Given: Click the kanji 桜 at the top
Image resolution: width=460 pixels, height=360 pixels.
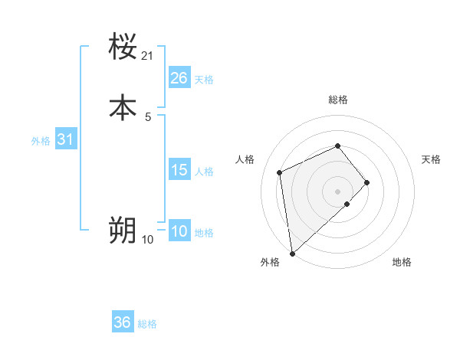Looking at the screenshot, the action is pyautogui.click(x=123, y=47).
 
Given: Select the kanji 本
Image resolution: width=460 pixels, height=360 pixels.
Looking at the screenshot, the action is pyautogui.click(x=123, y=108).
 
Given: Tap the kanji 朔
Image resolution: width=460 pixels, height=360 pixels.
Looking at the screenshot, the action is pyautogui.click(x=123, y=230).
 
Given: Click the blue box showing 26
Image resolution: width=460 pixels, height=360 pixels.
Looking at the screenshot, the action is pyautogui.click(x=179, y=78).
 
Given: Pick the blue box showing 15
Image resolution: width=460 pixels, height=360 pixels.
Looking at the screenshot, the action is pyautogui.click(x=179, y=170).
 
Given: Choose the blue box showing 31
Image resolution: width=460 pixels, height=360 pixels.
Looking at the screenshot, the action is pyautogui.click(x=66, y=139).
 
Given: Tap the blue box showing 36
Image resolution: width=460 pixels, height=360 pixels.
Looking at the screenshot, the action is pyautogui.click(x=123, y=322).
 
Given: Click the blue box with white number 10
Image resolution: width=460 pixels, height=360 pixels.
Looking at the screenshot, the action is pyautogui.click(x=179, y=232).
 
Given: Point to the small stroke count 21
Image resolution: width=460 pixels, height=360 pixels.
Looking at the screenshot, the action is pyautogui.click(x=148, y=56).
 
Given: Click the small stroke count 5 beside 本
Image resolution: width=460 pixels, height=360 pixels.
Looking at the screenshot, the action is pyautogui.click(x=148, y=117).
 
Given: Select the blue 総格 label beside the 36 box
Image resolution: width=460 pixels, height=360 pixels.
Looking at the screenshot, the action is pyautogui.click(x=147, y=324).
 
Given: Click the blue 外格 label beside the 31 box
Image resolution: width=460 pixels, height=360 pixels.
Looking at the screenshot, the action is pyautogui.click(x=41, y=141).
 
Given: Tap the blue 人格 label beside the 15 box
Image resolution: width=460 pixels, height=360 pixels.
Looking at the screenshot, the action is pyautogui.click(x=205, y=172).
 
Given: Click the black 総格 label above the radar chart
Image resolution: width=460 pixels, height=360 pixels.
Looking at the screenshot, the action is pyautogui.click(x=337, y=100).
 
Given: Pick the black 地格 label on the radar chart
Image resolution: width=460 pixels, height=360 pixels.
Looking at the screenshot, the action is pyautogui.click(x=402, y=262).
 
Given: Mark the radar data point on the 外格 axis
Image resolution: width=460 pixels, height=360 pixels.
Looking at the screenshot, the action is pyautogui.click(x=292, y=253).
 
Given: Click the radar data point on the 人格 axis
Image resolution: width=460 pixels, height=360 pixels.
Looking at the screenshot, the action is pyautogui.click(x=281, y=172).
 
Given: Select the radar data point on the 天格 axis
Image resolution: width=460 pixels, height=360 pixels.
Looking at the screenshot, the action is pyautogui.click(x=367, y=182).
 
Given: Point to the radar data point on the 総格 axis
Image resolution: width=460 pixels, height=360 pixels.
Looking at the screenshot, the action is pyautogui.click(x=337, y=146).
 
